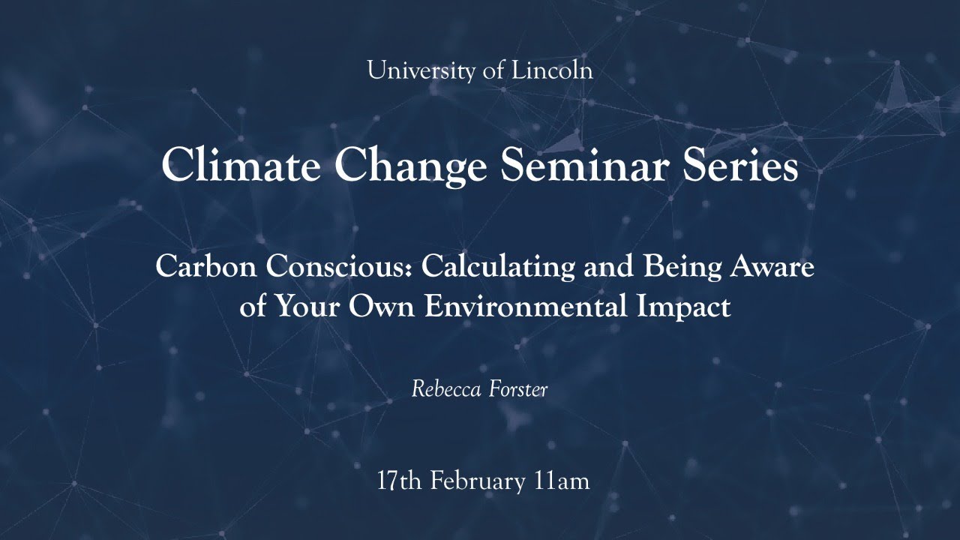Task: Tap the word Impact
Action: point(688,307)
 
